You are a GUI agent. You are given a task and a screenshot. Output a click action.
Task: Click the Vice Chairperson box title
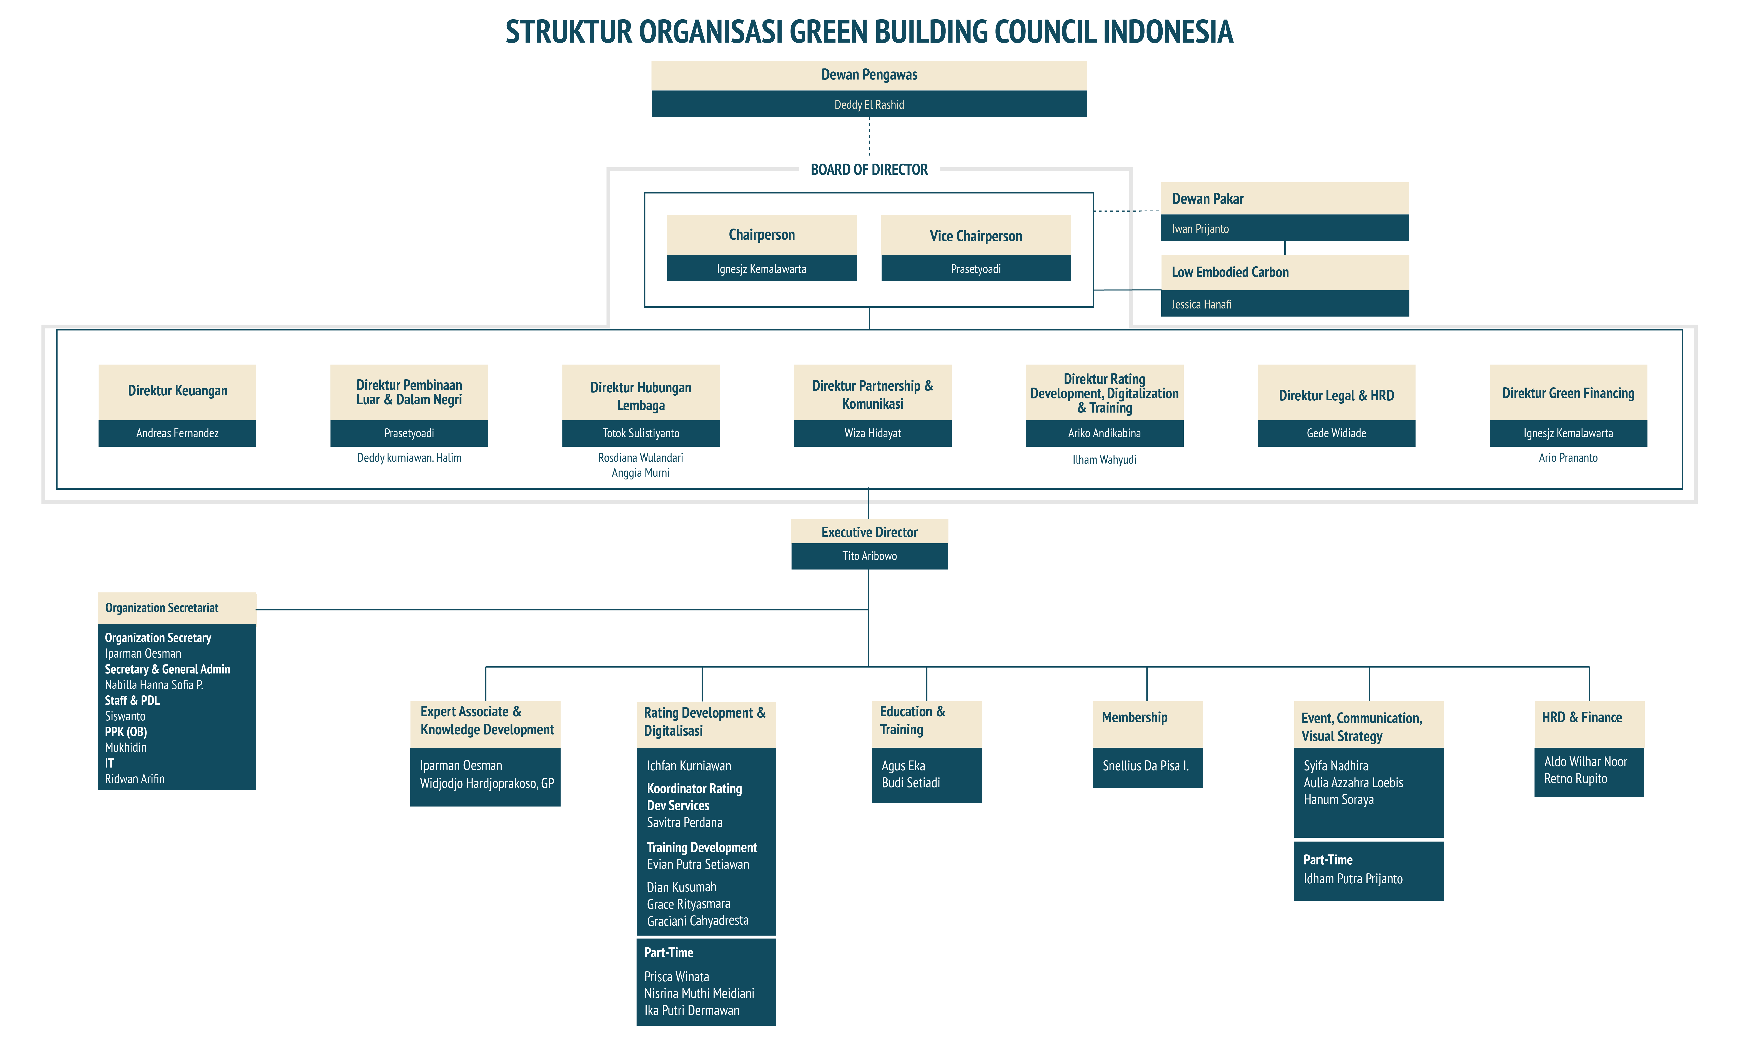(x=975, y=236)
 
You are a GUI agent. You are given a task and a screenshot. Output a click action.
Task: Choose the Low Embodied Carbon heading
(x=1230, y=272)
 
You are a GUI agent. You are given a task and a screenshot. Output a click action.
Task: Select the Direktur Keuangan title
(x=177, y=391)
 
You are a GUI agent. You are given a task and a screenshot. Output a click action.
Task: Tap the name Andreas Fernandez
(x=177, y=433)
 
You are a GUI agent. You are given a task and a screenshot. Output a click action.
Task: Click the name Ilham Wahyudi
(x=1104, y=460)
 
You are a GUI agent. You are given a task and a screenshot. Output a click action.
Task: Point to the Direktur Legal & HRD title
(x=1336, y=396)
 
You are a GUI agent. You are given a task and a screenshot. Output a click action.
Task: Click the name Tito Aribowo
(x=869, y=556)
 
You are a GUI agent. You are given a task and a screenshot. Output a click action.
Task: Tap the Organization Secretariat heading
(x=162, y=608)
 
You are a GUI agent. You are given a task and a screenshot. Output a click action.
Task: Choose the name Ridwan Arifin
(x=134, y=779)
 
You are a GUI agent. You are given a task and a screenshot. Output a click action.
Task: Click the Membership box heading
(x=1134, y=718)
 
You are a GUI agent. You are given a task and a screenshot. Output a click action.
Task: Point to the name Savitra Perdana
(x=684, y=822)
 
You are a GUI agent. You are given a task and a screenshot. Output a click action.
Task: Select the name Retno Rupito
(x=1575, y=779)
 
